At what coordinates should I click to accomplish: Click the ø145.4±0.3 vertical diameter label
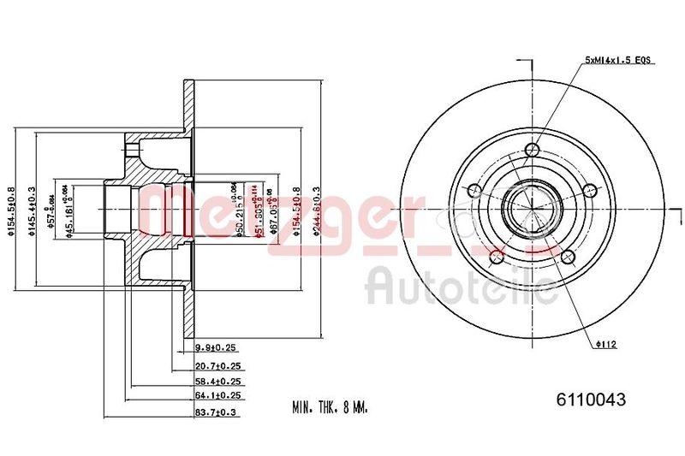pos(32,210)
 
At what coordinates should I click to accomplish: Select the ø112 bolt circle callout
pos(607,345)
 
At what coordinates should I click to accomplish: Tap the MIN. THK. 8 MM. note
pos(330,409)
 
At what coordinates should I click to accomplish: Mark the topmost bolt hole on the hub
pos(533,150)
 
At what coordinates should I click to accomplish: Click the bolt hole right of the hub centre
pos(589,193)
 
